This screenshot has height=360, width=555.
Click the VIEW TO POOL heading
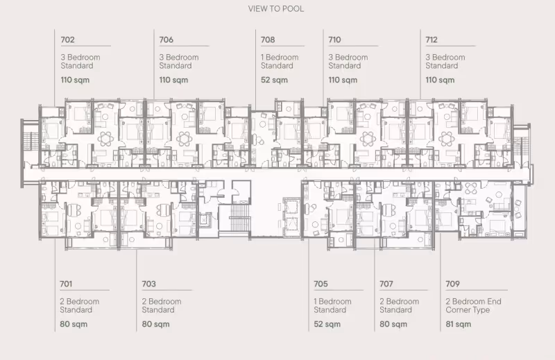[275, 9]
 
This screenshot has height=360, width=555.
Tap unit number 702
[67, 40]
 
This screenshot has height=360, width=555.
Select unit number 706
[166, 40]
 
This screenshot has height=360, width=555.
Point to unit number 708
[268, 40]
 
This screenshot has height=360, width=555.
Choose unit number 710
[334, 40]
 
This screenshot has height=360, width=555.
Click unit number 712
[432, 40]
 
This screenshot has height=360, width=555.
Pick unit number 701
[66, 284]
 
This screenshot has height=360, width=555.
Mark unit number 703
[148, 284]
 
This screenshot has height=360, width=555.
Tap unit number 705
[321, 284]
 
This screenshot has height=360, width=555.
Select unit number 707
[386, 284]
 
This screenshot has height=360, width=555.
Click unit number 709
[452, 284]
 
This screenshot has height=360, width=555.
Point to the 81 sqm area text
[459, 324]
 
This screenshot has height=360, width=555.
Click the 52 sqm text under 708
[274, 80]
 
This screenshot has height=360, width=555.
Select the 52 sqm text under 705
[327, 324]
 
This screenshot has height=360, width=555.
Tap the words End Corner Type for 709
[474, 306]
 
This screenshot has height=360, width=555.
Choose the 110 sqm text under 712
[440, 80]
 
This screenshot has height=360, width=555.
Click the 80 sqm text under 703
[155, 324]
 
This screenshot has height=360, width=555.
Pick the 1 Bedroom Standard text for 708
[280, 62]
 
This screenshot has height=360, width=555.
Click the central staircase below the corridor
[235, 217]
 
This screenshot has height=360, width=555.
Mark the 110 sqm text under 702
[75, 80]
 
